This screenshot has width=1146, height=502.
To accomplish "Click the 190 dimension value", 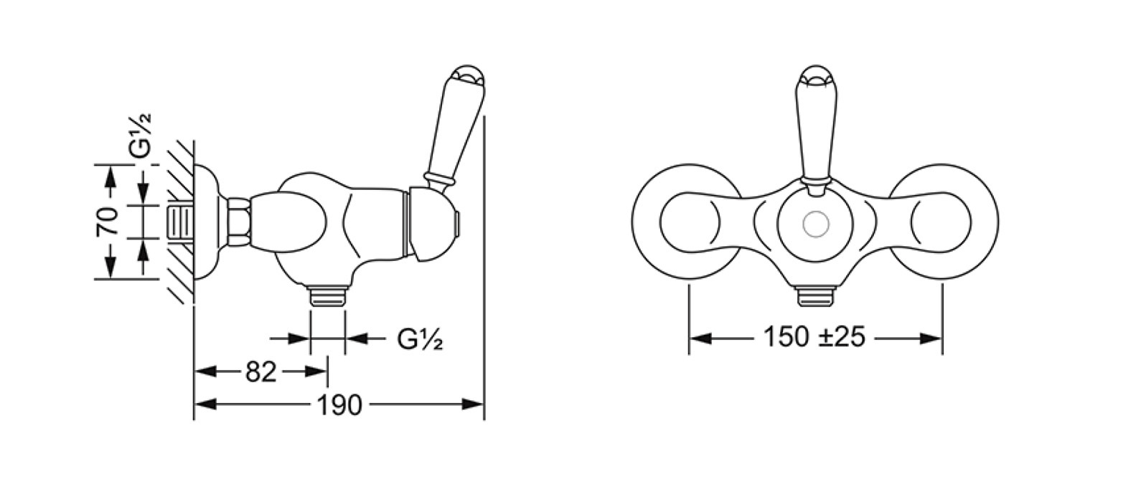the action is click(339, 405).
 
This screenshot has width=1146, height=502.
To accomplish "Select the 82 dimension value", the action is click(261, 371).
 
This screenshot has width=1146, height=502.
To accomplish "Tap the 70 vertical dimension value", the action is click(107, 221).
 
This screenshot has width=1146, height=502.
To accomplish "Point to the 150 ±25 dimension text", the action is click(814, 337).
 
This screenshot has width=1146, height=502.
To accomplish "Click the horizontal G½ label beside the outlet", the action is click(420, 338).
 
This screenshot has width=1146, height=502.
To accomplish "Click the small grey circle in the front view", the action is click(816, 224).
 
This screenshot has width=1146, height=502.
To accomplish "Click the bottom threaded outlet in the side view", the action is click(327, 296).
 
